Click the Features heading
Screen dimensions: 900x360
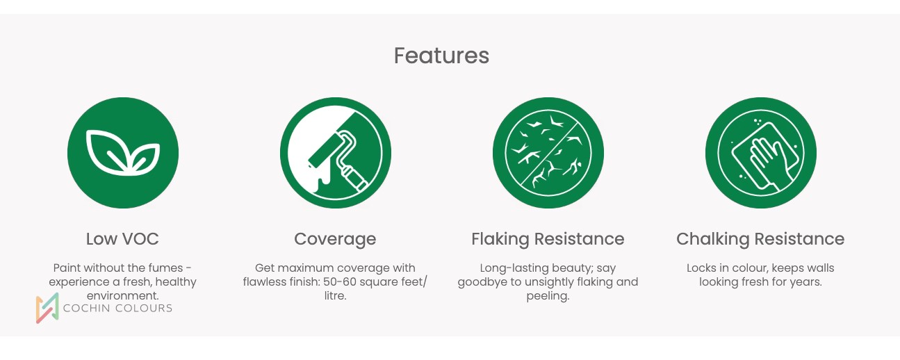click(x=441, y=56)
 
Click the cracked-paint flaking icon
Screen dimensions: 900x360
click(x=548, y=153)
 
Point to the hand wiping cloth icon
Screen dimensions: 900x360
click(x=760, y=153)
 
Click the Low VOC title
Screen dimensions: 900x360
click(x=122, y=239)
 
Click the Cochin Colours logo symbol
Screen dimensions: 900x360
click(x=47, y=308)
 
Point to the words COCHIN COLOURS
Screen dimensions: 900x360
click(x=117, y=308)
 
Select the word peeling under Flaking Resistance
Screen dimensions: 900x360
click(x=547, y=297)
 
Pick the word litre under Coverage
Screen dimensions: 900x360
click(x=334, y=296)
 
